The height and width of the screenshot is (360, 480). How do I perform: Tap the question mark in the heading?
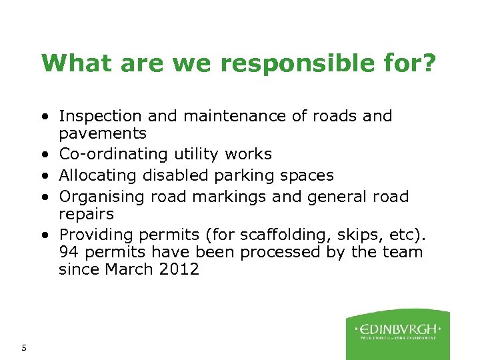point(429,63)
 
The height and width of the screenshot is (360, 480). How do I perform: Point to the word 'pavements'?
point(103,134)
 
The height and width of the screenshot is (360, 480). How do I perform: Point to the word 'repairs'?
point(86,215)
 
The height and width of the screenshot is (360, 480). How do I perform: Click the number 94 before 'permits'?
point(68,252)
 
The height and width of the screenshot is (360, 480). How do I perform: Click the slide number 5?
point(24,347)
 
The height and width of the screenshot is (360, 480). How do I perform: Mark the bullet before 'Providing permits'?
point(43,235)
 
